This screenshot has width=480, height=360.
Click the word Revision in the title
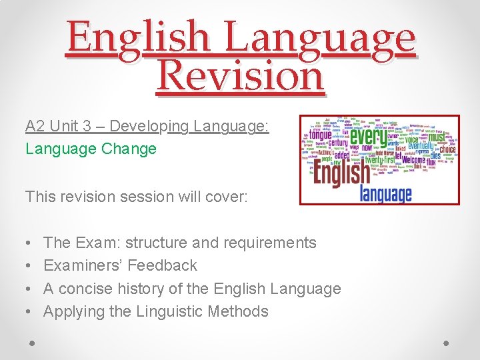[x=240, y=76]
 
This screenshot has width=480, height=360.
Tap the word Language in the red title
[x=319, y=38]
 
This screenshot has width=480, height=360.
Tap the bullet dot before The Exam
[x=31, y=243]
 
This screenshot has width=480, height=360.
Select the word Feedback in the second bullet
[x=162, y=265]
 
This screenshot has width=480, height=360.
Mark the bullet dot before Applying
[x=31, y=311]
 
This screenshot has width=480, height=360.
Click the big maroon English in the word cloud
[x=341, y=175]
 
